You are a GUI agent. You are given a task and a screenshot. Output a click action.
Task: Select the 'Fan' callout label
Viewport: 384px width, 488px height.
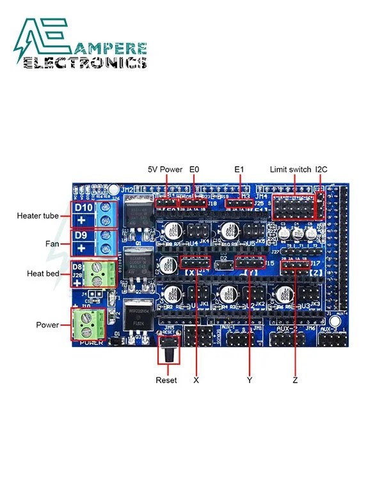click(54, 244)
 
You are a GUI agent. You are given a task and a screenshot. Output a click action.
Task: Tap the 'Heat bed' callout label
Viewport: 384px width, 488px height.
click(44, 273)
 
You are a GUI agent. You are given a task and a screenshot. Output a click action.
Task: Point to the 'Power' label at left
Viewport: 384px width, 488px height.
click(48, 325)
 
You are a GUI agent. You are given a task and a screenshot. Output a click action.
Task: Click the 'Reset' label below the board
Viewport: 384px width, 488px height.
click(166, 380)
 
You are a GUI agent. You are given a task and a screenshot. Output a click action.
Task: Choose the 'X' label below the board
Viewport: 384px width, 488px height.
click(196, 380)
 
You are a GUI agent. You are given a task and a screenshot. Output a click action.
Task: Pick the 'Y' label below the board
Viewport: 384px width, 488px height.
click(250, 380)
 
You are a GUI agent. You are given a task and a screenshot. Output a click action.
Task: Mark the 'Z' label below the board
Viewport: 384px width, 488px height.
click(295, 380)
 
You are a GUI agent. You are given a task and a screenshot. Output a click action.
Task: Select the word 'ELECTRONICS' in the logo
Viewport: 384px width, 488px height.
click(84, 63)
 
